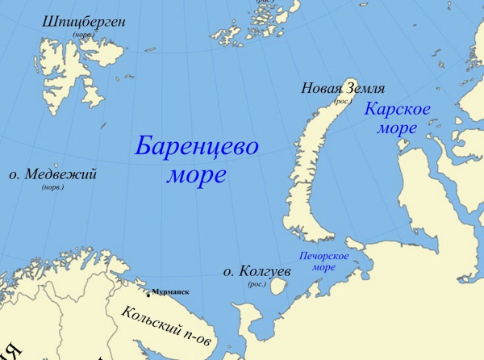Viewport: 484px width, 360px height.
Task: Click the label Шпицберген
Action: coord(84,22)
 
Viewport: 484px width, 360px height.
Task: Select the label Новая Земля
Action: coord(342,89)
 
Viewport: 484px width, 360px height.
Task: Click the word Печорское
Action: coord(323,256)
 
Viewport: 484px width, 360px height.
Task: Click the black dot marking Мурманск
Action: coord(148,293)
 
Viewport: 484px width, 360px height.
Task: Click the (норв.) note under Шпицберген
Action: coord(81,36)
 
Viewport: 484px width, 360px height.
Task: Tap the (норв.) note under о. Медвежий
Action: coord(52,187)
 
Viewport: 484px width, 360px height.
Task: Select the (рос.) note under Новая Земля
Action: coord(343,102)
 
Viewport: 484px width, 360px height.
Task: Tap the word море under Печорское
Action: coord(323,267)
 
